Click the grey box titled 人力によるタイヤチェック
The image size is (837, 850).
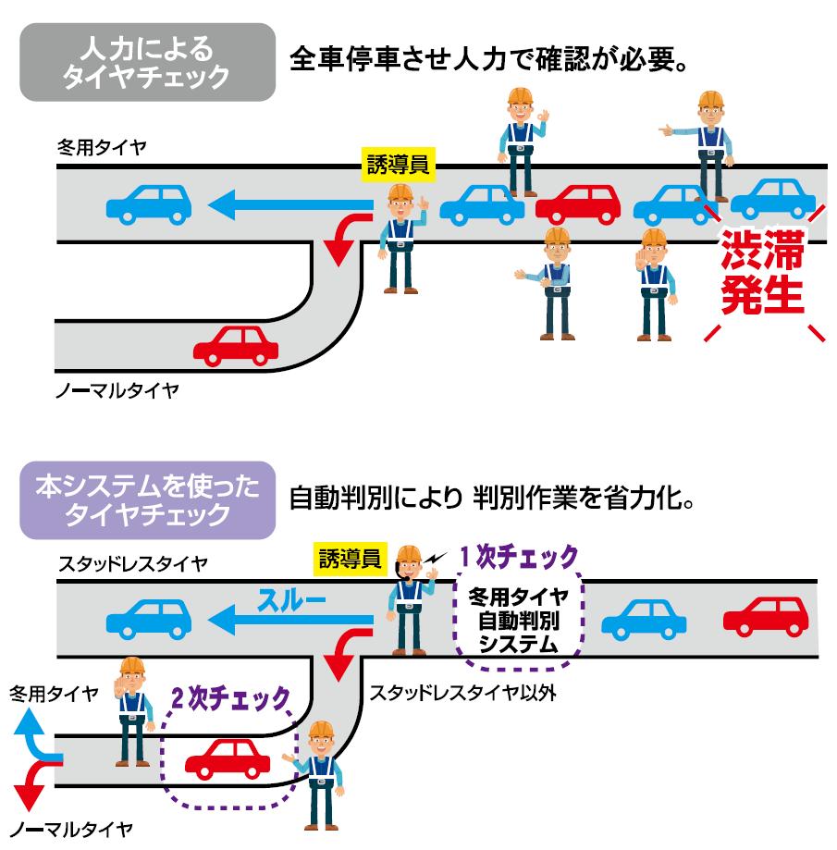[148, 62]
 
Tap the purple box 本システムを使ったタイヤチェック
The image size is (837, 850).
[148, 499]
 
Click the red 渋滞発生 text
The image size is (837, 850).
[763, 274]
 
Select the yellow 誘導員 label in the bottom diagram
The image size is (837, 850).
[350, 558]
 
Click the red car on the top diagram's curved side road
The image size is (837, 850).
[236, 345]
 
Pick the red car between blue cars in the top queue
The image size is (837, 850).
[578, 204]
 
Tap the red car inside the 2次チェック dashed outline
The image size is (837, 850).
[228, 758]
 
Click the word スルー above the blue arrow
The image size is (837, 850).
[292, 601]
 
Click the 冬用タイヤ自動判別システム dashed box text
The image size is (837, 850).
[518, 619]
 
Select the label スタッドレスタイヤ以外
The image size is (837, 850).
[462, 693]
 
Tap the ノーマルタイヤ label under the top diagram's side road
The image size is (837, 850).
[117, 390]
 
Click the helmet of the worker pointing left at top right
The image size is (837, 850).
[709, 100]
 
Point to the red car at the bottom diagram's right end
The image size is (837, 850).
[765, 616]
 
